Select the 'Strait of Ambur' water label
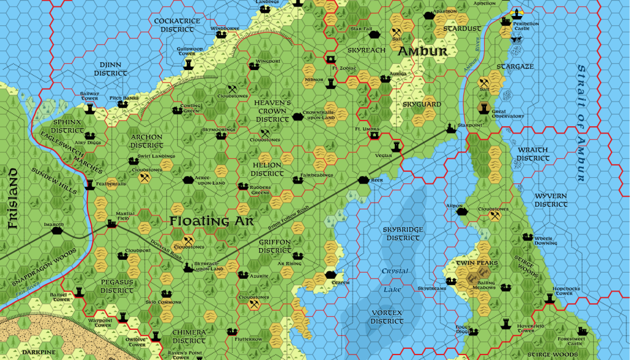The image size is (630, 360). [580, 123]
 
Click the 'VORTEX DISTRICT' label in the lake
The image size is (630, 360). [388, 317]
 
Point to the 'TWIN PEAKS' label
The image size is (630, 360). [476, 263]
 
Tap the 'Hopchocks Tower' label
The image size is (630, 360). [567, 290]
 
